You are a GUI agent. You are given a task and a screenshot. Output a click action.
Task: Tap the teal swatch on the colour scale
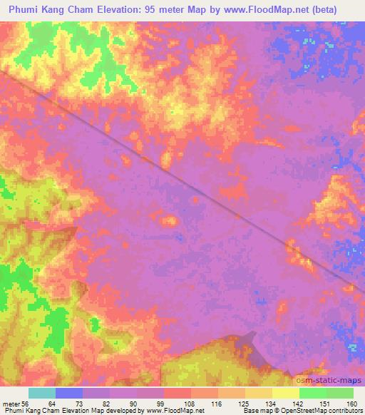point(42,393)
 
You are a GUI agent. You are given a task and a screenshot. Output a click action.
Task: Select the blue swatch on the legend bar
point(69,393)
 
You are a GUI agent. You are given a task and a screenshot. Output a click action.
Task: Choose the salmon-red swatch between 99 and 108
point(178,393)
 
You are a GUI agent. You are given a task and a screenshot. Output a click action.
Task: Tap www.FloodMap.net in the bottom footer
point(169,411)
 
